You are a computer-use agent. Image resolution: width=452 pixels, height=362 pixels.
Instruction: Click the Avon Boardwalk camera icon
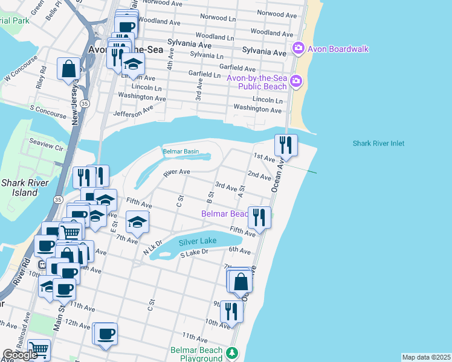coord(297,48)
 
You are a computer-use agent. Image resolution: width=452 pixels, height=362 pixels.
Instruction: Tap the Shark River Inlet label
coord(378,144)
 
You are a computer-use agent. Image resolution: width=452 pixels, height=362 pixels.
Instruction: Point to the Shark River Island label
coord(21,188)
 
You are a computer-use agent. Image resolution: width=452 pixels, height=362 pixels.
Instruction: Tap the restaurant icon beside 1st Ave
coord(286,145)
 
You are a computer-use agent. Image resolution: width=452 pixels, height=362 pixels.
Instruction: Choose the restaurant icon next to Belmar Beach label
coord(259,217)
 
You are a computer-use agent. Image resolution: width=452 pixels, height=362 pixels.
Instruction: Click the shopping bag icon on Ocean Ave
coord(241,281)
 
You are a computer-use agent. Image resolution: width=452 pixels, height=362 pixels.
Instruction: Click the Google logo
coord(21,355)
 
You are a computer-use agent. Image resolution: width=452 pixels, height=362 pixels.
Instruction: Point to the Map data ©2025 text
coord(426,357)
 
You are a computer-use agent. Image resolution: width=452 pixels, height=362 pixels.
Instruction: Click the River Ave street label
coord(177,173)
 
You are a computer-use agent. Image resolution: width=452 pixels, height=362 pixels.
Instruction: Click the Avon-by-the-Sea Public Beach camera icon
coord(296,81)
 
